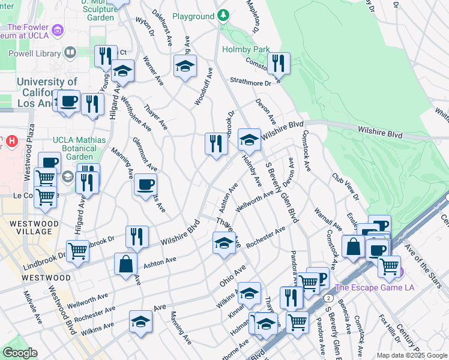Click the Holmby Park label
pos(246,49)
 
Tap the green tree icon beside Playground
pos(223,14)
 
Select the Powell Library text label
pos(29,53)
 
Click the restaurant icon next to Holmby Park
pos(279,62)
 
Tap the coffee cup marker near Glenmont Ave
pos(145,184)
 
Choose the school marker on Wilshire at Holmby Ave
pos(249,139)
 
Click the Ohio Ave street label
pos(233,273)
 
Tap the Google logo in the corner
pos(20,353)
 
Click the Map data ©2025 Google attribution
pos(412,355)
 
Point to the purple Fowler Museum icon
pos(58,29)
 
